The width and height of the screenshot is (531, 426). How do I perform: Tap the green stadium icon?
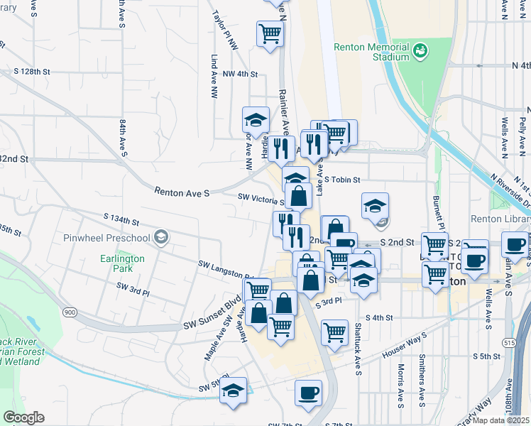pyautogui.click(x=420, y=50)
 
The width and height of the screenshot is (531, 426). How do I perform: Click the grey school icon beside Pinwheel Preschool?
pyautogui.click(x=162, y=236)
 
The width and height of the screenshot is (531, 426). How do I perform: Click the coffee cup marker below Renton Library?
pyautogui.click(x=513, y=246)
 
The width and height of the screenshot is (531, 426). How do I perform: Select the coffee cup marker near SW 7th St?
pyautogui.click(x=308, y=393)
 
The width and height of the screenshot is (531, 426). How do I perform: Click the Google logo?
pyautogui.click(x=23, y=417)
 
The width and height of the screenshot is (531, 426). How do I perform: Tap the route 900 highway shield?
pyautogui.click(x=70, y=312)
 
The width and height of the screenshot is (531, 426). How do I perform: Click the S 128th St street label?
pyautogui.click(x=33, y=72)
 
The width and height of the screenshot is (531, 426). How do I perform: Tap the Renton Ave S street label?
pyautogui.click(x=183, y=192)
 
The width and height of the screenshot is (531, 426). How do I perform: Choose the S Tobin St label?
pyautogui.click(x=343, y=180)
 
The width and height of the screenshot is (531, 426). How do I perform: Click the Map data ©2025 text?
pyautogui.click(x=501, y=420)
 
